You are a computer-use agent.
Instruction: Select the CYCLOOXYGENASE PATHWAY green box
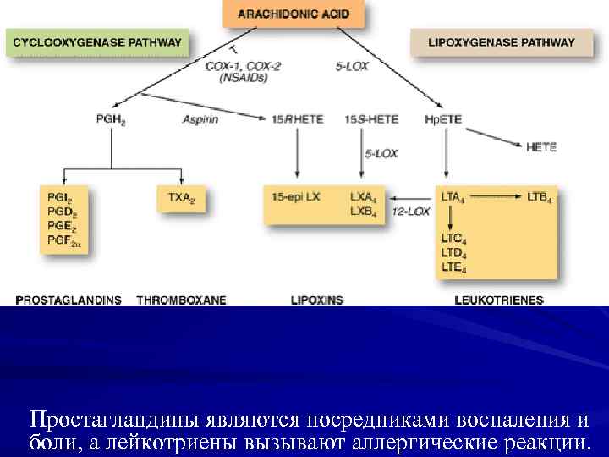point(96,41)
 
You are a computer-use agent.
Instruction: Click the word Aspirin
point(200,119)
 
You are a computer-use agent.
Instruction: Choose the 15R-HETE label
point(297,119)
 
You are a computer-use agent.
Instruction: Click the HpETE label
point(443,119)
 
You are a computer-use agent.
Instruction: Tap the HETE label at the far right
point(541,146)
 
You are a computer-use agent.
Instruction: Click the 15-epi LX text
point(296,197)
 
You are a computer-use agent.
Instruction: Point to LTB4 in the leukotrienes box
point(539,197)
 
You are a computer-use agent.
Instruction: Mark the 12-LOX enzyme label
point(410,212)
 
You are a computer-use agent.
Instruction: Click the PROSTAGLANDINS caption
point(68,300)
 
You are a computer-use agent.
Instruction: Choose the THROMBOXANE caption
point(181,300)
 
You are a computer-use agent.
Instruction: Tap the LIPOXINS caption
point(316,300)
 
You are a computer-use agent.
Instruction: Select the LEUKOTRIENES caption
point(499,300)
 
